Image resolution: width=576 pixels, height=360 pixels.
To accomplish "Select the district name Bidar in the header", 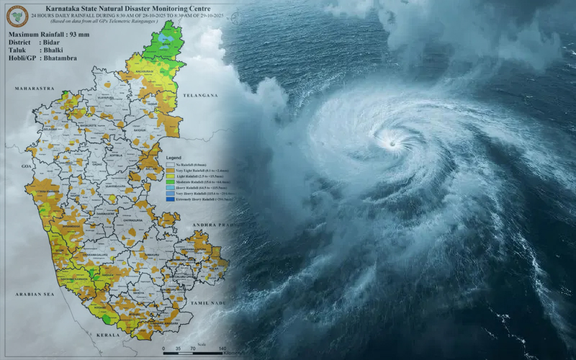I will click(55, 42).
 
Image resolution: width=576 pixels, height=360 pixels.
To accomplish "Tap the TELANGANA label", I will click(199, 95).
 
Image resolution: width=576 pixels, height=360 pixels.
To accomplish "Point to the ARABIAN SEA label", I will click(35, 294).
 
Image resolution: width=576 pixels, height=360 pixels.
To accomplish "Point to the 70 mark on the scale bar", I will click(193, 348).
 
